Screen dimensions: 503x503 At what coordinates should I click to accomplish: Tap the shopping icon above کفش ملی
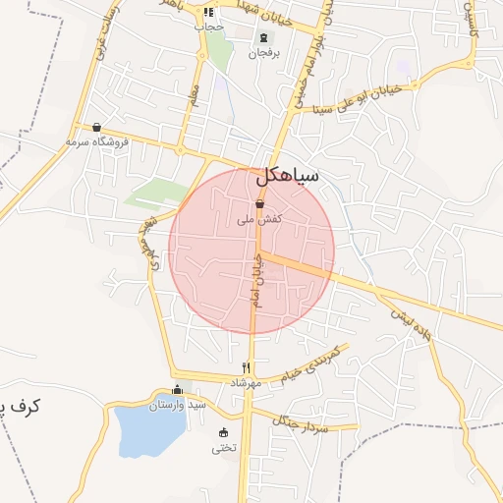[x=259, y=203]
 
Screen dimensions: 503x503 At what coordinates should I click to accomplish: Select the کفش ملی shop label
[x=260, y=220]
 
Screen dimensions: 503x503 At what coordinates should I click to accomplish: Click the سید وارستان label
[x=185, y=404]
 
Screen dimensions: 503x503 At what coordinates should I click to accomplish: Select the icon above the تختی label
[x=223, y=433]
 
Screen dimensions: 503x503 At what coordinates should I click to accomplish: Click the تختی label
[x=223, y=449]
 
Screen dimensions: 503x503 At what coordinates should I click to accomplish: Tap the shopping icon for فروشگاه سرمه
[x=96, y=127]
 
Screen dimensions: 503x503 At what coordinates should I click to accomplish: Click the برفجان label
[x=263, y=53]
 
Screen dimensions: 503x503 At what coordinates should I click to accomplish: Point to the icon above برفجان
[x=263, y=37]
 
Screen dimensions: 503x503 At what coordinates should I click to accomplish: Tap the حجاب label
[x=210, y=27]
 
